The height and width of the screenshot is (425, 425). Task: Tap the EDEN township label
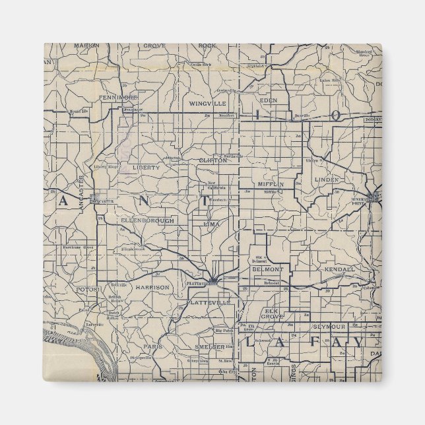click(269, 100)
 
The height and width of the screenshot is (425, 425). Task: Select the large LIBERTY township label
click(146, 168)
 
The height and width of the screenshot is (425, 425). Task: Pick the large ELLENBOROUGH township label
click(148, 220)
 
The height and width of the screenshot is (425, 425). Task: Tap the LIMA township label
click(212, 224)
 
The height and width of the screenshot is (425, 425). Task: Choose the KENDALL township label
click(340, 270)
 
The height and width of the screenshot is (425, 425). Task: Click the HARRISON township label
click(152, 288)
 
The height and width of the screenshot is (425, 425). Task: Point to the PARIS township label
click(156, 346)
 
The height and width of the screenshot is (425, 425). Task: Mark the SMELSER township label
click(210, 346)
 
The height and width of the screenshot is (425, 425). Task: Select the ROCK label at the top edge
click(207, 46)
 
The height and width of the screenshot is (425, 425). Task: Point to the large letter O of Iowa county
click(336, 115)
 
